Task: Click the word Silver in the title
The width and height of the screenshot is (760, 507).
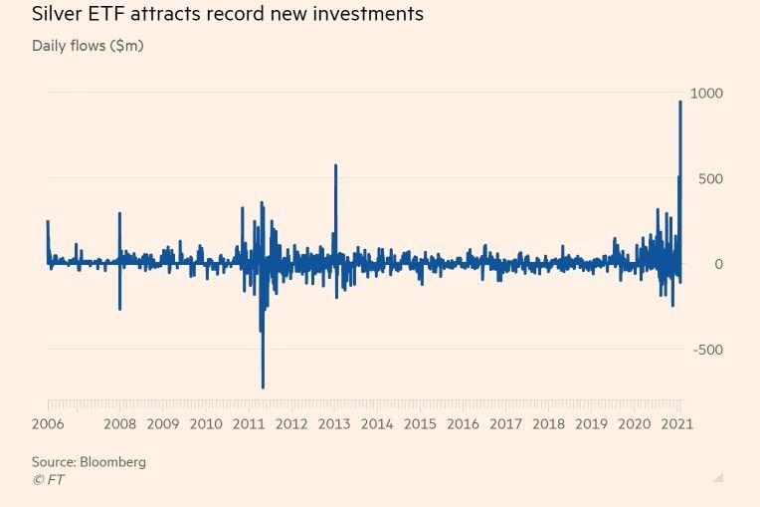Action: coord(58,14)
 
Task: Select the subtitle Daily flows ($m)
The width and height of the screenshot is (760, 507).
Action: coord(88,46)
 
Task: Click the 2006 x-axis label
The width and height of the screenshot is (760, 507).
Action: coord(49,424)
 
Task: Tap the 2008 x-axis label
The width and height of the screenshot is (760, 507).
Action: coord(120,424)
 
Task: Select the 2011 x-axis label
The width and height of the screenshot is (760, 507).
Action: coord(249,424)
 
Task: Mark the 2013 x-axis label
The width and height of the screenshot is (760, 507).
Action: coord(334,424)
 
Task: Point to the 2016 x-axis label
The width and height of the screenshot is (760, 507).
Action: coord(463,424)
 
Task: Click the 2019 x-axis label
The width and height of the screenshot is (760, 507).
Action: coord(591,424)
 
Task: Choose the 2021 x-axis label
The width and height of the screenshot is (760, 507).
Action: coord(676,424)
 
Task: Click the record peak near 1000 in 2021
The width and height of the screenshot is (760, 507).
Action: coord(680,102)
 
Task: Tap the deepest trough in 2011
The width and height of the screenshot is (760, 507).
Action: coord(263,386)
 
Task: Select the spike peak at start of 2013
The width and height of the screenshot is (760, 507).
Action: coord(335,165)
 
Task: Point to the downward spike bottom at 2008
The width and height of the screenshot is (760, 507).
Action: coord(119,309)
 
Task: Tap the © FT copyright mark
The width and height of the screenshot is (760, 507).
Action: coord(48,479)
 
